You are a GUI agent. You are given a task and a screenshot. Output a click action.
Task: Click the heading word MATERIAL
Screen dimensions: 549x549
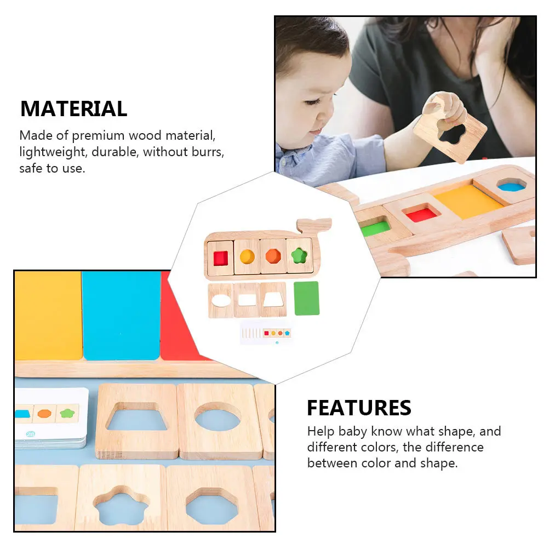pos(73,108)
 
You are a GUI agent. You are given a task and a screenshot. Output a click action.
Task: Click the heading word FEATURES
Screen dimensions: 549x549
pos(359,408)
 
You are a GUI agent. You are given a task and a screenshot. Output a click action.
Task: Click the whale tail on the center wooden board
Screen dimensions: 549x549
pos(314,225)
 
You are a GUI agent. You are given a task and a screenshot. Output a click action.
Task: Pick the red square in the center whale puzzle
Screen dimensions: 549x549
pos(220,257)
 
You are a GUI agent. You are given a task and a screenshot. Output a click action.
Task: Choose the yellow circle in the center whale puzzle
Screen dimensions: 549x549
pos(247,256)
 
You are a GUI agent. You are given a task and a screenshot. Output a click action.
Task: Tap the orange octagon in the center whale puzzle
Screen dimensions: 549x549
pos(273,256)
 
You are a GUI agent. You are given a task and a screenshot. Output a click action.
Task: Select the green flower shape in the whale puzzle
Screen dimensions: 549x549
pos(299,255)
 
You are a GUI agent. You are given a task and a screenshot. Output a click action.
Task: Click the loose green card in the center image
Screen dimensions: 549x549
pos(306,298)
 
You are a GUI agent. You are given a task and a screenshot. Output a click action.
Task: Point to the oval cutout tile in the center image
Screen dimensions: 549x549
pos(221,300)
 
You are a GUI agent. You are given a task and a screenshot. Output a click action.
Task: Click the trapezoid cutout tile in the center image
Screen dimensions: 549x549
pos(273,299)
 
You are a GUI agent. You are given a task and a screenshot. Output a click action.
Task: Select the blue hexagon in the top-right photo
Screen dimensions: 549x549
pos(511,186)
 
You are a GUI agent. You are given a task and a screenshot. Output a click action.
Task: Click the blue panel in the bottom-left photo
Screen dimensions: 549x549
pos(121,315)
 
